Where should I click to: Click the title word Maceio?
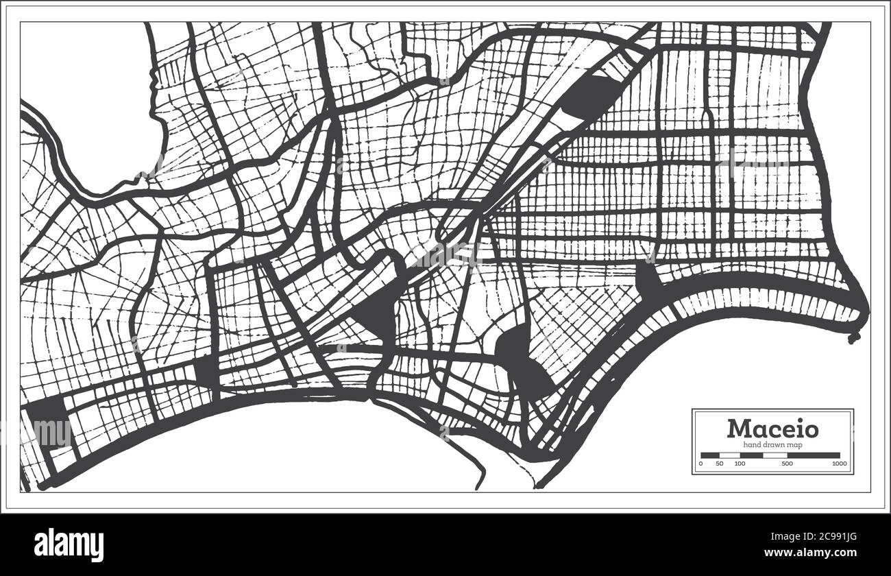pos(772,429)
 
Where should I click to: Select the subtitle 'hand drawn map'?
pos(772,445)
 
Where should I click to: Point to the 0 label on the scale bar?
pos(700,464)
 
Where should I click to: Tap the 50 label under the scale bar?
pos(720,464)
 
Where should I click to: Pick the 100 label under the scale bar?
pos(740,464)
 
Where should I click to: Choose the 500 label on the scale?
pos(787,464)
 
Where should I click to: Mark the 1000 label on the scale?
pos(839,464)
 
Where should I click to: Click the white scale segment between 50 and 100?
pos(730,455)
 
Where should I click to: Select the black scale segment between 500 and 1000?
pos(814,455)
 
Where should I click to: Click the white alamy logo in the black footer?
pos(69,544)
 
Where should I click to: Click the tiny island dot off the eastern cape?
pos(854,338)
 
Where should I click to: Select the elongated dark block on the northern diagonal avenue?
pos(587,97)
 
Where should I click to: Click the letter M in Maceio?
pos(739,429)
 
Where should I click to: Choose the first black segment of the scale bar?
pos(710,455)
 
